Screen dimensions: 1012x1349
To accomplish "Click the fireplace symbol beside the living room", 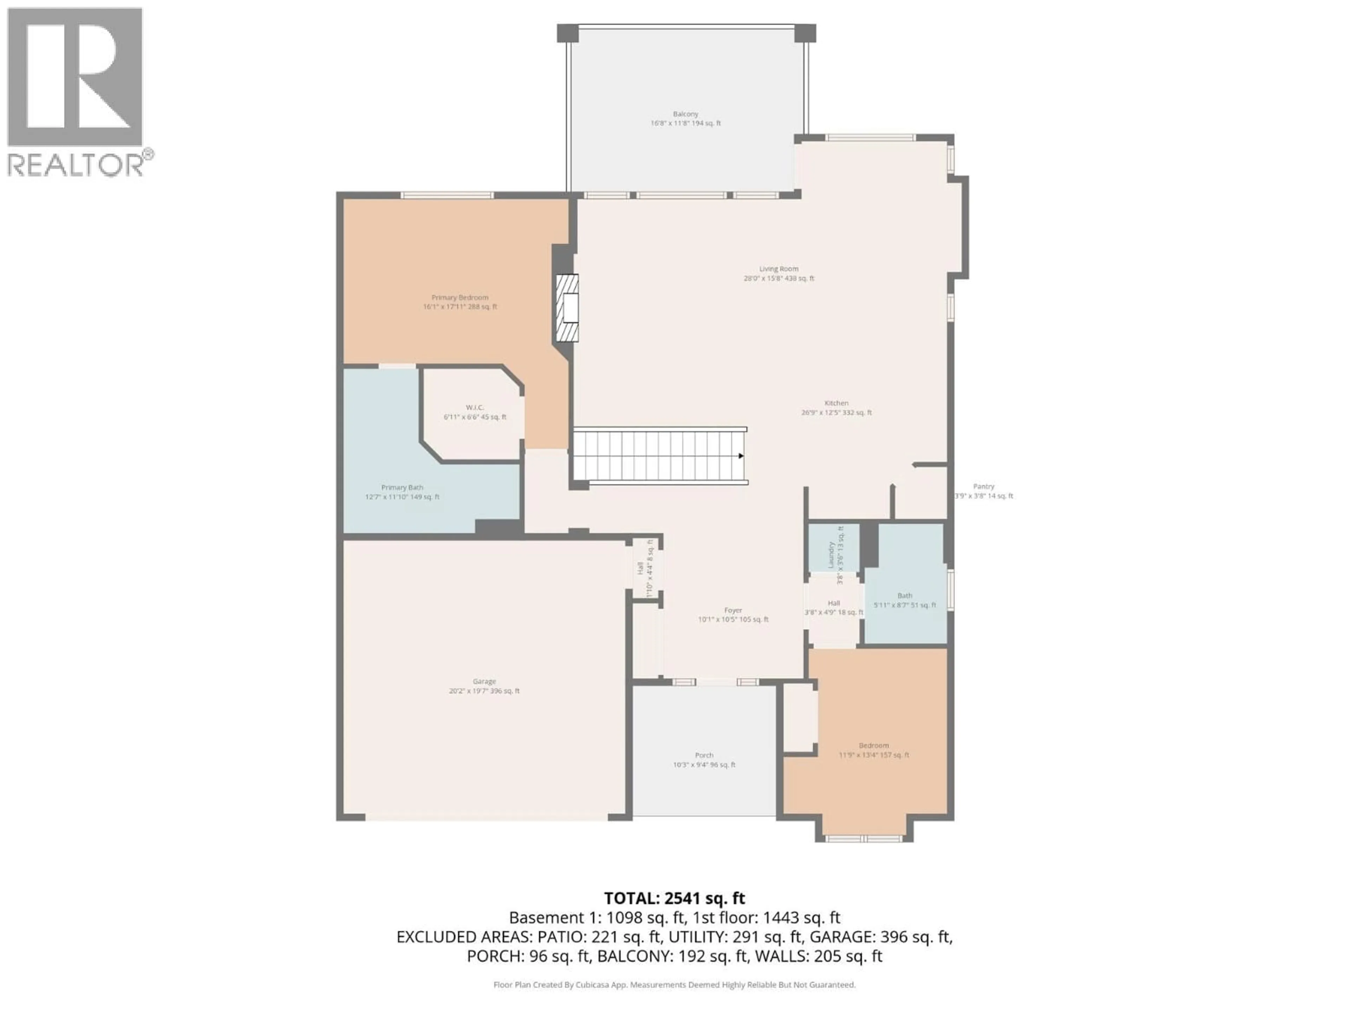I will pyautogui.click(x=567, y=308).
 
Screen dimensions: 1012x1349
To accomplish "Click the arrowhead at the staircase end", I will pyautogui.click(x=741, y=456).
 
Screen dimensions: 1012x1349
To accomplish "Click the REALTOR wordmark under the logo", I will pyautogui.click(x=76, y=165).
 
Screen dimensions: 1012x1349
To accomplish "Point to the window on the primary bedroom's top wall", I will pyautogui.click(x=447, y=195).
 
